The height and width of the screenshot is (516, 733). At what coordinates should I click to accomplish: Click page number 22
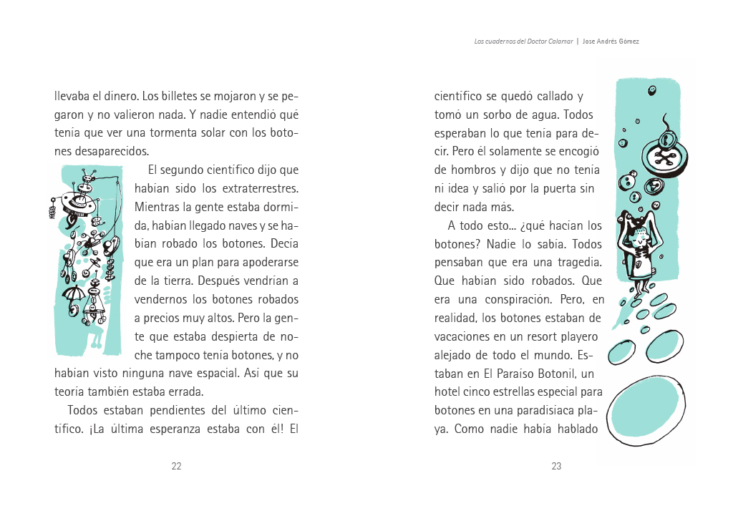point(176,466)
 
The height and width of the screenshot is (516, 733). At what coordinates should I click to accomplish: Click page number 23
point(556,466)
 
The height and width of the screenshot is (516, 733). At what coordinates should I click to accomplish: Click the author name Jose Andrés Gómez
point(611,42)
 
